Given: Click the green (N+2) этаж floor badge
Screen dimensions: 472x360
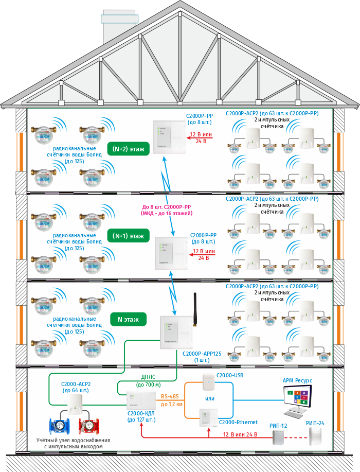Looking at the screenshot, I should click(129, 149).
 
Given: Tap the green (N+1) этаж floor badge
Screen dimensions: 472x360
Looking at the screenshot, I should click(129, 236).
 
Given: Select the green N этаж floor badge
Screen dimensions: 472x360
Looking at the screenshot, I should click(128, 319).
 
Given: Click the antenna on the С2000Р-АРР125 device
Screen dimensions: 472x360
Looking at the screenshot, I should click(195, 310).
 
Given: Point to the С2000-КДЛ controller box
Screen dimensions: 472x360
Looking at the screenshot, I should click(141, 400).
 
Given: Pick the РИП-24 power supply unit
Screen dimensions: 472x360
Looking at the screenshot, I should click(315, 436).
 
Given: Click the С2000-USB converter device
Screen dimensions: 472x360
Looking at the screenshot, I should click(208, 382).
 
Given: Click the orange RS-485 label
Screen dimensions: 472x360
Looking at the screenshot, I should click(170, 396).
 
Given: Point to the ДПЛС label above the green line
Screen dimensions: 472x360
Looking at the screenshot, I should click(148, 377).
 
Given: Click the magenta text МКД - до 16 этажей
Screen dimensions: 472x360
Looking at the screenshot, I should click(167, 213).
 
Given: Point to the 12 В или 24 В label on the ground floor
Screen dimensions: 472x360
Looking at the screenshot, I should click(240, 435).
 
